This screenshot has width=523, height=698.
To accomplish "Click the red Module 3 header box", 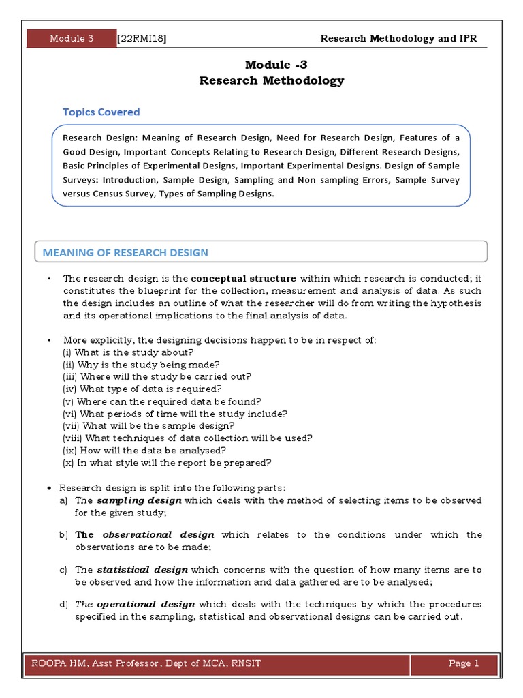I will point(71,39).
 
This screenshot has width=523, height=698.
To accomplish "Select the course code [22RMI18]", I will point(142,39).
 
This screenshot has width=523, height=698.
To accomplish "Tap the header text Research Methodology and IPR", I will point(398,38).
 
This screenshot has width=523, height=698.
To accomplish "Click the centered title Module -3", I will point(271,65).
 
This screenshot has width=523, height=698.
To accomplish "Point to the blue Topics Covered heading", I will point(101,112).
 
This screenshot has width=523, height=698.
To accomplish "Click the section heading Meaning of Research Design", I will point(125,252).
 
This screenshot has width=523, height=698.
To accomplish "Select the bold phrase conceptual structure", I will point(243,278).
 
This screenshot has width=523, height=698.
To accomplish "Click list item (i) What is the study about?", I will point(128,352).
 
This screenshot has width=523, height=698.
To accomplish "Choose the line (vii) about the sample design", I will point(148,425).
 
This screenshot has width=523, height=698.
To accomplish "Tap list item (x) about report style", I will point(167,462).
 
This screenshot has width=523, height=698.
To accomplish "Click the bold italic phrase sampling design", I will point(139,500).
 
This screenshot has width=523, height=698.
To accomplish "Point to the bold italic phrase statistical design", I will point(142,570).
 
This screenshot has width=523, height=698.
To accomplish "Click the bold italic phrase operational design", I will point(146,605).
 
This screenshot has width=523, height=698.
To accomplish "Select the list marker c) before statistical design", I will point(63,570).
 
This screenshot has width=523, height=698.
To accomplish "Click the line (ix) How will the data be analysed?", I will point(144,450).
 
